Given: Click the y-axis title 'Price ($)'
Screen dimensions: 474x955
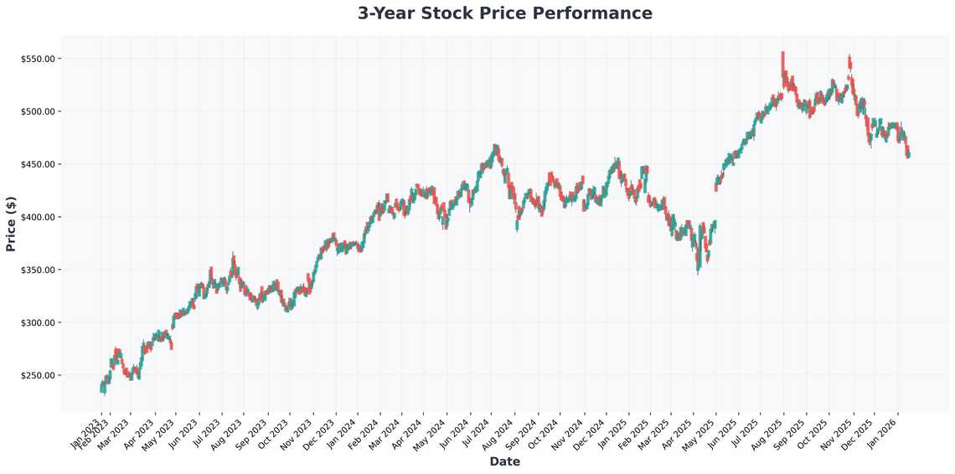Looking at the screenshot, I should pos(11,224).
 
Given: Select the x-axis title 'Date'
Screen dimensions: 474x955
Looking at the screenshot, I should pos(504,461).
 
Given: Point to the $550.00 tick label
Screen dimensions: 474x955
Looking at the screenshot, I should pos(38,59).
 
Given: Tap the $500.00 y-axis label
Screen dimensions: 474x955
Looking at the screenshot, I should pos(38,111).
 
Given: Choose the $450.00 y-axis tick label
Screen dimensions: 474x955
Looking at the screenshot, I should pos(38,164).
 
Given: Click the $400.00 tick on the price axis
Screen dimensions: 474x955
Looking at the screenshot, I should pos(38,217).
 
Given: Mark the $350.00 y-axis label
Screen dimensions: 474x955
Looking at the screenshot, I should pos(38,270).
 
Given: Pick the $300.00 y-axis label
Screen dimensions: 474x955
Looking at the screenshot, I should pos(38,322).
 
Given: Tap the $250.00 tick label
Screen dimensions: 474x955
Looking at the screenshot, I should pos(38,375).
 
